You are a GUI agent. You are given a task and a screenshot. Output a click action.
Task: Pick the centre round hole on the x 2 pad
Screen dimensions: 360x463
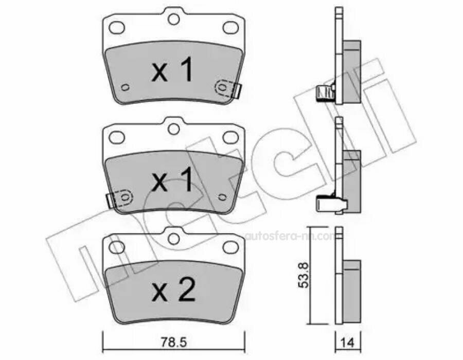[x=173, y=238]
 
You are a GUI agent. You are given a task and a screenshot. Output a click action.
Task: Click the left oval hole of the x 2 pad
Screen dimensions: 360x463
[x=117, y=247]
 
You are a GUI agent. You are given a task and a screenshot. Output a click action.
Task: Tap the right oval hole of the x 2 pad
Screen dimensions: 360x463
[x=229, y=247]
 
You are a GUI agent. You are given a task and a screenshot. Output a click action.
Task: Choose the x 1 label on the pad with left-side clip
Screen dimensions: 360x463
[x=173, y=181]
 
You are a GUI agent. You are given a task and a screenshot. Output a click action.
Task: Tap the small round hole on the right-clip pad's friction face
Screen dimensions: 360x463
[x=123, y=87]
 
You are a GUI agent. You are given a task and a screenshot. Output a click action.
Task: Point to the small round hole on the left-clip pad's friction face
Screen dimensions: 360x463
[x=222, y=197]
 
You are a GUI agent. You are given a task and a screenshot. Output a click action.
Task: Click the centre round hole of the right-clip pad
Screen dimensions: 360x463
[x=173, y=19]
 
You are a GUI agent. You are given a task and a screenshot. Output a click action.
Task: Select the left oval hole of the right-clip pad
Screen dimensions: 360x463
[x=117, y=27]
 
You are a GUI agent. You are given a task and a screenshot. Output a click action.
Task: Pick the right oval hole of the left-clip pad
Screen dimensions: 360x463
[x=229, y=137]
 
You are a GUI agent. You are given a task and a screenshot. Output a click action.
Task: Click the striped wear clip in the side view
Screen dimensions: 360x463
[x=324, y=93]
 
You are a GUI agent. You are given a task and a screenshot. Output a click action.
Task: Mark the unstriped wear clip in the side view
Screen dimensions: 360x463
[x=326, y=204]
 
